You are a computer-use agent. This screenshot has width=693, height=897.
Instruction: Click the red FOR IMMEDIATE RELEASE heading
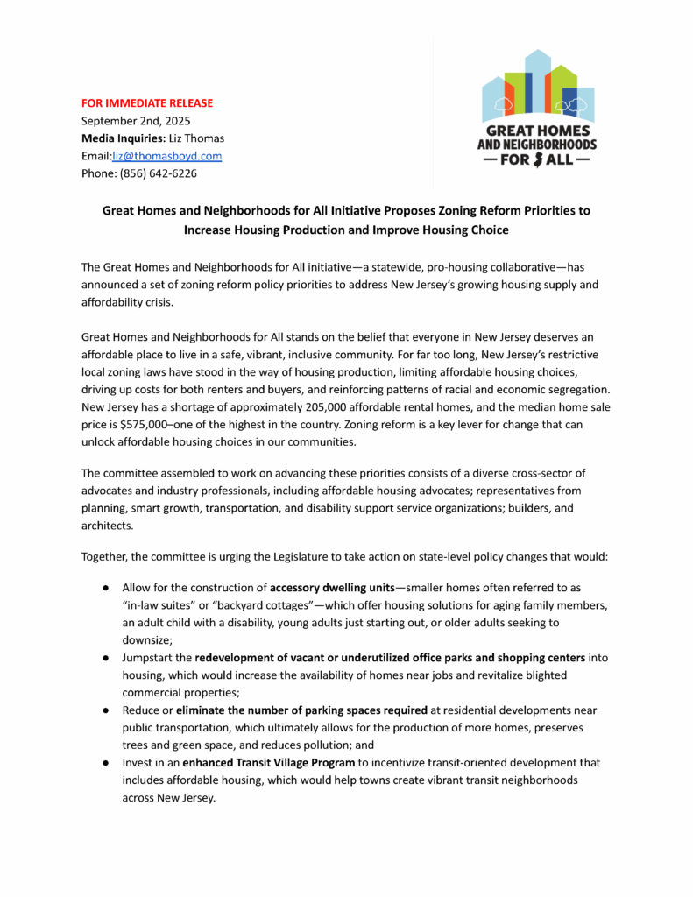pyautogui.click(x=146, y=102)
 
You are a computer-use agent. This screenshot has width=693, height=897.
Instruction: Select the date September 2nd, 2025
pyautogui.click(x=136, y=120)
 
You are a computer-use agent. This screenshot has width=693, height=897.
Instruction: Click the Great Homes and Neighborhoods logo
pyautogui.click(x=537, y=109)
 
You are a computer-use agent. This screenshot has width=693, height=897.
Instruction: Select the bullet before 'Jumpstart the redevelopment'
pyautogui.click(x=103, y=657)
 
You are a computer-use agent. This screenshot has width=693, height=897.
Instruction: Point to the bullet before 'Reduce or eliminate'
pyautogui.click(x=103, y=710)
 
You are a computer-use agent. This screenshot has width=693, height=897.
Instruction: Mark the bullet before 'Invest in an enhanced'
pyautogui.click(x=103, y=763)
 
